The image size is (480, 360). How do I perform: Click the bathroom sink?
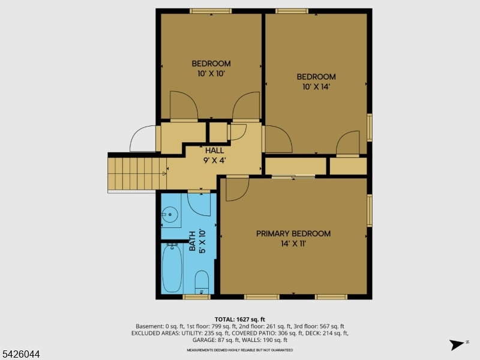click(x=170, y=214)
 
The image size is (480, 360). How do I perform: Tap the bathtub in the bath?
click(x=172, y=268)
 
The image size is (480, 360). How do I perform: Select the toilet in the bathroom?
click(x=202, y=282)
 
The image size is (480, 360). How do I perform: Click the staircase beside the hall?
click(x=137, y=173)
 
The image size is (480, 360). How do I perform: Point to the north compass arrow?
click(x=457, y=344)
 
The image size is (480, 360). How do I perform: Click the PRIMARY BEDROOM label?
click(x=293, y=233)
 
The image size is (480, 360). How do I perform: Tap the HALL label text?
click(x=215, y=151)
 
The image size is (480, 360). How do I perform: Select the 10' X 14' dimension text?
click(x=316, y=86)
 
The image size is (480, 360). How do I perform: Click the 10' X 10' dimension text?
click(x=211, y=73)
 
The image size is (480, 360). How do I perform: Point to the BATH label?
click(x=192, y=241)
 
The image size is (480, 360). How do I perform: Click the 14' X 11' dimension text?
click(x=293, y=244)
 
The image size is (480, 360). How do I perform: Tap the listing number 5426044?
click(x=20, y=354)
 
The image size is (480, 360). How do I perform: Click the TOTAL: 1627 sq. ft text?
click(x=239, y=320)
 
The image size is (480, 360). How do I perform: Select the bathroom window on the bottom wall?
click(x=197, y=296)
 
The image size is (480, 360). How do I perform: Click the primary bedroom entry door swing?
click(x=237, y=190)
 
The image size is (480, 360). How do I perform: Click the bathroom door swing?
click(x=199, y=205)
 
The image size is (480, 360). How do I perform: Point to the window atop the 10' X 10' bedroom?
click(x=211, y=11)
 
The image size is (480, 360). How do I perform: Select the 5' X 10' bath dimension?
click(x=202, y=241)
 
